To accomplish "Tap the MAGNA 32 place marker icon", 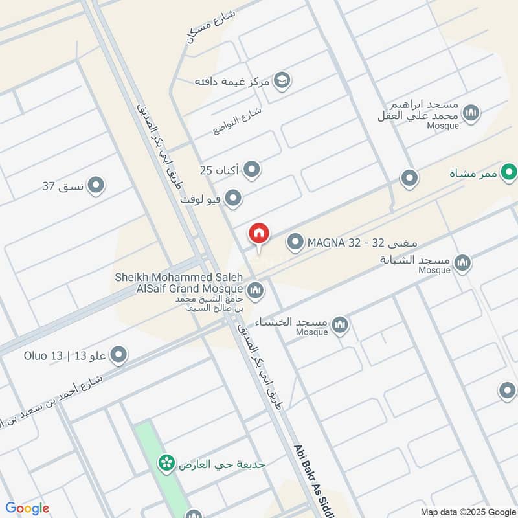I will pos(295,243).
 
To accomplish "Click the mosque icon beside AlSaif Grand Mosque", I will pos(255,289).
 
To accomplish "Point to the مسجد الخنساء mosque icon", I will pos(340,324).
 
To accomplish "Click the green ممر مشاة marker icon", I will pos(510,173).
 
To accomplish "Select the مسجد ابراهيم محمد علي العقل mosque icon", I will pos(472,113).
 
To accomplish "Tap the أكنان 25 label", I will pos(219,170).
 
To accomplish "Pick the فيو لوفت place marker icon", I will pos(234,198).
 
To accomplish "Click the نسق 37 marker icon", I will pos(96,186).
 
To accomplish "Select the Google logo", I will pos(27,508).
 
